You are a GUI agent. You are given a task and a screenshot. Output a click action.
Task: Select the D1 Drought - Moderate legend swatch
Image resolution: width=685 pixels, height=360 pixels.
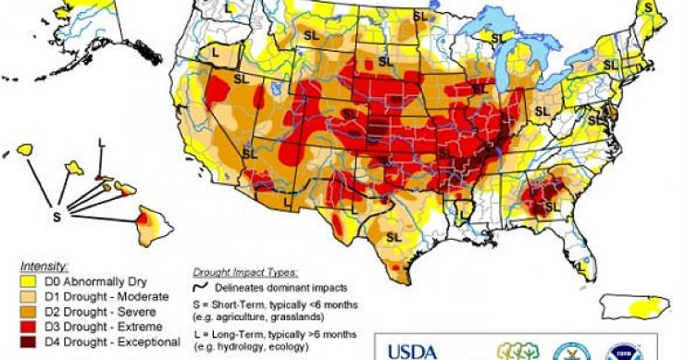pos(13,296)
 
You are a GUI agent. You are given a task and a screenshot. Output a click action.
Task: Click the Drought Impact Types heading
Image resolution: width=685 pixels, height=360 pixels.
pos(245,273)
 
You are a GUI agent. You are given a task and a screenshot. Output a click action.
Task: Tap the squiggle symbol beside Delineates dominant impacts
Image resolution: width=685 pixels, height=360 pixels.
pos(200,287)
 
